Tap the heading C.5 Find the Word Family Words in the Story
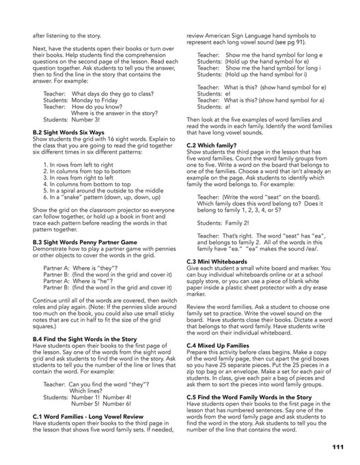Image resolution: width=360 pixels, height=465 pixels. coord(255,399)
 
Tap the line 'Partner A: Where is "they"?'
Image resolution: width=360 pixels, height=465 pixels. coord(82,267)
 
